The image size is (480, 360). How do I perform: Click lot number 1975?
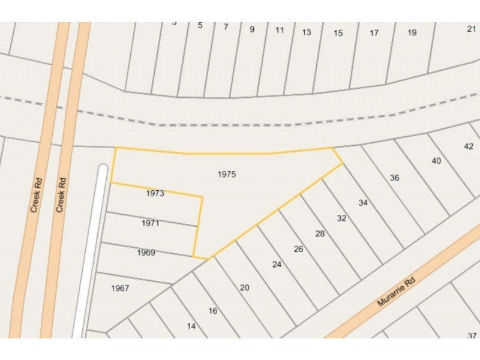227,175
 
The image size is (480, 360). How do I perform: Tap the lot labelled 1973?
155,194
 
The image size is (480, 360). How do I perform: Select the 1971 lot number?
150,223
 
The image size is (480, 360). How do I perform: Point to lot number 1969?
146,253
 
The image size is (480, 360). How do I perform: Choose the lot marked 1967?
120,288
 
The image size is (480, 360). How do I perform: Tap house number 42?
469,146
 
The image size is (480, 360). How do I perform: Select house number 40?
436,161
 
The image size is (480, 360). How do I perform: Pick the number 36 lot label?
394,178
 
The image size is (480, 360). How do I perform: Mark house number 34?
363,203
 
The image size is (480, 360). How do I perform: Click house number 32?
341,218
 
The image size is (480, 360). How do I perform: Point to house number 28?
320,233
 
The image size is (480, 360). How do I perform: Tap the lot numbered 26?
298,249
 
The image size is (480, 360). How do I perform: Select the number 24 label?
277,264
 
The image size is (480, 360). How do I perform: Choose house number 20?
244,287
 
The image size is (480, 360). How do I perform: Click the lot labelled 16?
212,311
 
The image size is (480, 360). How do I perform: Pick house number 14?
191,326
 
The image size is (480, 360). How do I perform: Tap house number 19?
412,32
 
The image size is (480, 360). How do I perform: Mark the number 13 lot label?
307,32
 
